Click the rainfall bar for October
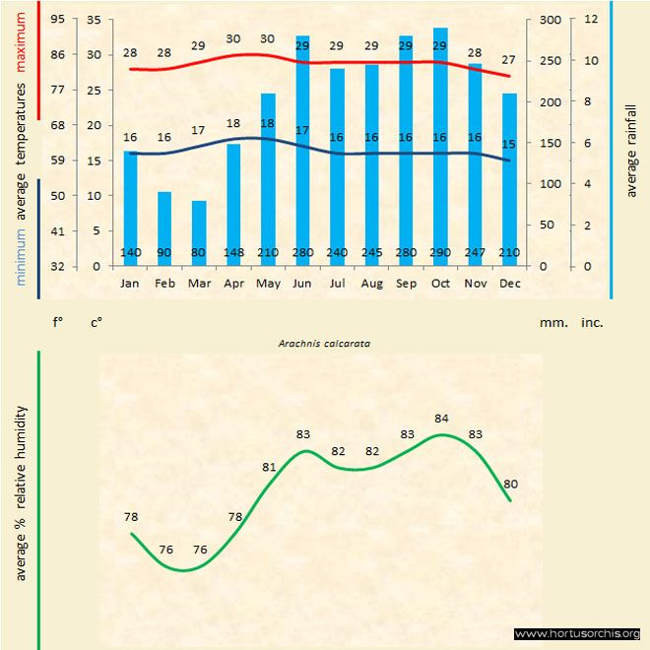click(440, 148)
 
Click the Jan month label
click(130, 283)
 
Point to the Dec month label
click(509, 283)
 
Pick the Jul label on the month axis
click(337, 283)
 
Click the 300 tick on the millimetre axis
click(550, 19)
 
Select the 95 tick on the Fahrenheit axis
click(56, 19)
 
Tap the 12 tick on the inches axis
click(591, 19)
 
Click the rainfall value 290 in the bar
click(440, 253)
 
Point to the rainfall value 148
click(233, 253)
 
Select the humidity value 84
click(441, 419)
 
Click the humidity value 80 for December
click(510, 484)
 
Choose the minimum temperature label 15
click(509, 144)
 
